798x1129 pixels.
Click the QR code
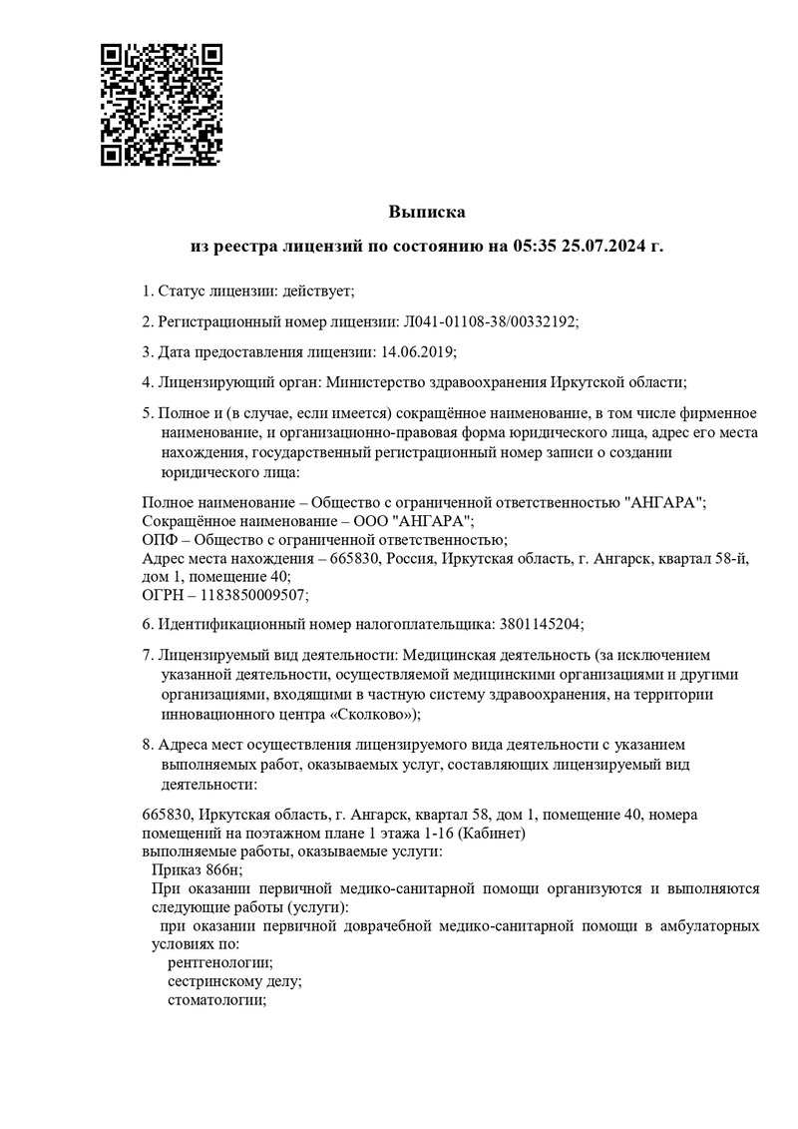click(162, 104)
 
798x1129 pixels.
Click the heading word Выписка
click(427, 212)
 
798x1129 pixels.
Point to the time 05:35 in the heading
click(537, 245)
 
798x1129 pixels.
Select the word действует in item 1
click(318, 290)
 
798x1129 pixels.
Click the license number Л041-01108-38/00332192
click(488, 321)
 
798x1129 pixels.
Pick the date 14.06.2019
click(413, 351)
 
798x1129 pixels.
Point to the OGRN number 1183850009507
click(257, 595)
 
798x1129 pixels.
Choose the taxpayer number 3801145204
click(534, 624)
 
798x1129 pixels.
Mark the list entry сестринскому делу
click(233, 981)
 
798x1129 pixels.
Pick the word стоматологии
click(215, 999)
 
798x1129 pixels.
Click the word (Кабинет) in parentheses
click(492, 833)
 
